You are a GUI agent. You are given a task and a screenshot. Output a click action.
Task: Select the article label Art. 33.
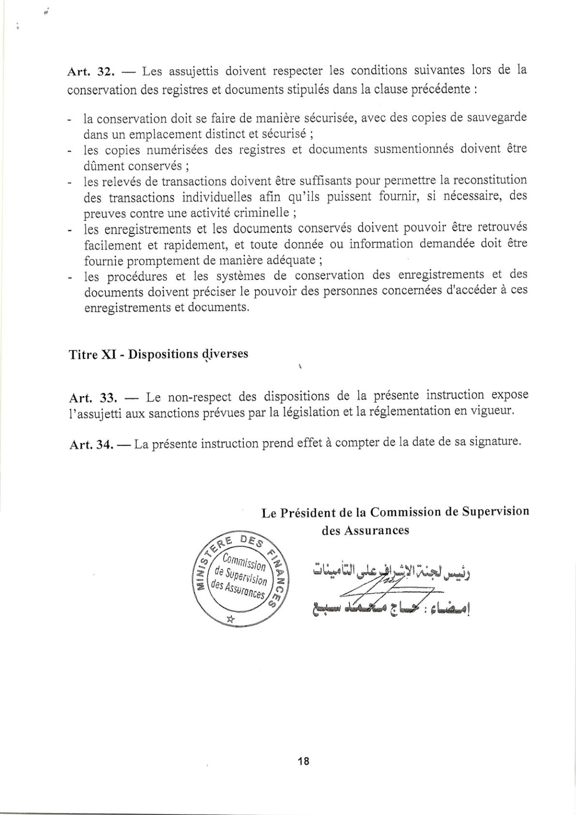pos(93,398)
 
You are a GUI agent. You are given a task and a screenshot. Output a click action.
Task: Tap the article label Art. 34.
pos(91,445)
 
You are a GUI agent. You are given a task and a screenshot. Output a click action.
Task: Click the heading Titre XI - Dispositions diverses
pos(158,354)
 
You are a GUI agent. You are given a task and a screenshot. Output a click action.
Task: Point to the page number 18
pos(304,761)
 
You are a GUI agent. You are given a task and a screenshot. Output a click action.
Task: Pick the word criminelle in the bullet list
pos(261,212)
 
